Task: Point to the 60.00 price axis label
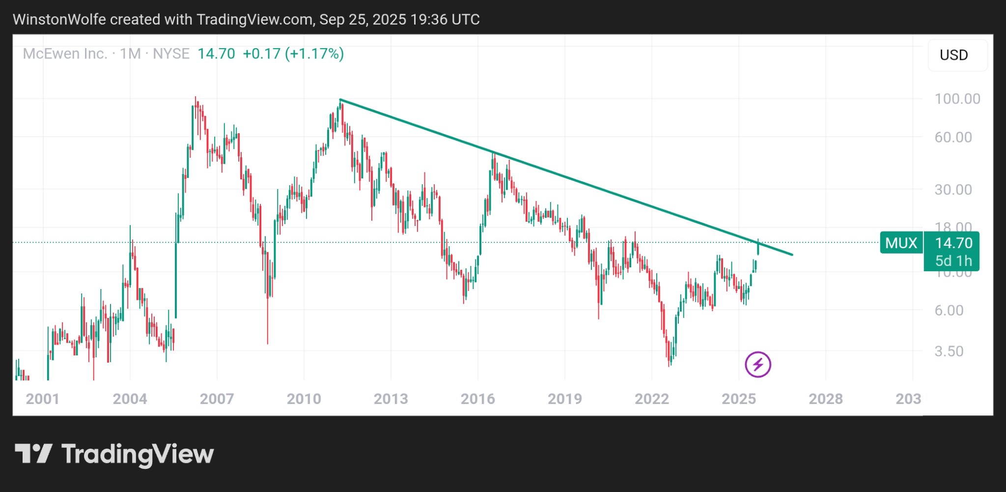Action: tap(953, 137)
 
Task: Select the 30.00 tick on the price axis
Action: tap(953, 190)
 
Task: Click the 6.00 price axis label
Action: tap(949, 310)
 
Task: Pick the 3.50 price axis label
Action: tap(949, 351)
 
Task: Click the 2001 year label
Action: tap(43, 399)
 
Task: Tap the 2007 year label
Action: tap(217, 399)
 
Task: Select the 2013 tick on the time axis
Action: tap(391, 399)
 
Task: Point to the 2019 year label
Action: tap(564, 399)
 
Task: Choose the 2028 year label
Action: tap(825, 399)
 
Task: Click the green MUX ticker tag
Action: tap(901, 243)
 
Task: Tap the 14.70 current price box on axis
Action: tap(953, 243)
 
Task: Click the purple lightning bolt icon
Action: tap(757, 365)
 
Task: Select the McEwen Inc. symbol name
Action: tap(65, 54)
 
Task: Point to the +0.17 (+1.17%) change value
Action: tap(293, 54)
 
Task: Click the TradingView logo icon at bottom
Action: tap(33, 453)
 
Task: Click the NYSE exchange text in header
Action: tap(171, 54)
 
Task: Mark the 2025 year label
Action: tap(738, 399)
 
